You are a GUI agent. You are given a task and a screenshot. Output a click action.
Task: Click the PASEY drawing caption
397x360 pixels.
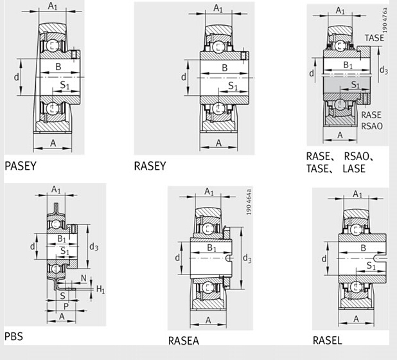point(21,166)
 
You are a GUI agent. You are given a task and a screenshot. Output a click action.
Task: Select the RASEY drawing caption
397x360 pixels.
point(150,166)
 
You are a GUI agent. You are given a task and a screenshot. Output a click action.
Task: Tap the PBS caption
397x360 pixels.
point(13,336)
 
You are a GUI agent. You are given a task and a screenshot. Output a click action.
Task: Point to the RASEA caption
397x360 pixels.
point(184,341)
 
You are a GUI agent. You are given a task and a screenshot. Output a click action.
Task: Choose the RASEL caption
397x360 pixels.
point(328,340)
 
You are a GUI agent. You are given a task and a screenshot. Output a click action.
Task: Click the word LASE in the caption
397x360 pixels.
point(354,168)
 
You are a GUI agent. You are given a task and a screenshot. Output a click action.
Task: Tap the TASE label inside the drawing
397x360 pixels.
point(375,38)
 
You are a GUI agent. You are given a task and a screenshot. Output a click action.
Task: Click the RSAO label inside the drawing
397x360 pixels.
point(372,126)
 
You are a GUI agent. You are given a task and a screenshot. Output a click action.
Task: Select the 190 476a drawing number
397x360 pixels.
point(385,21)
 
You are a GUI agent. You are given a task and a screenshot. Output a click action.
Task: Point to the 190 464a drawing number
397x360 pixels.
point(249,202)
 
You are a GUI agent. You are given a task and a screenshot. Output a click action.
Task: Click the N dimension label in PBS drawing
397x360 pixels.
point(84,278)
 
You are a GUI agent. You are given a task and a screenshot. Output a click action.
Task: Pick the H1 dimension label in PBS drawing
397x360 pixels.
point(100,289)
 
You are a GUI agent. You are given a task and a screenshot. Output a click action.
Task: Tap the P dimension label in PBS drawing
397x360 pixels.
point(66,307)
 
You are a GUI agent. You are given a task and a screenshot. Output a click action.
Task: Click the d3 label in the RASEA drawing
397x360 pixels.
point(247,258)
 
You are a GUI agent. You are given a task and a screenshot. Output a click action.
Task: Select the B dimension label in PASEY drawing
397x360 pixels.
point(58,67)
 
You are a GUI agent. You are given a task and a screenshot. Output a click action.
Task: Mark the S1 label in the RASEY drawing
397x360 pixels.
point(233,86)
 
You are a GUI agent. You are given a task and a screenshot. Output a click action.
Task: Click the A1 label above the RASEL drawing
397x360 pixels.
point(357,194)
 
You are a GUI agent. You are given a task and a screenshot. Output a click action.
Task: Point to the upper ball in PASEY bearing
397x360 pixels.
point(53,46)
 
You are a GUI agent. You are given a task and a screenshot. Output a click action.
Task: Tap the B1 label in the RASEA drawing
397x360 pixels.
point(211,248)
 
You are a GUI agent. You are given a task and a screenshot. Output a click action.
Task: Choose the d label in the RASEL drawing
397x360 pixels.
point(324,258)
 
